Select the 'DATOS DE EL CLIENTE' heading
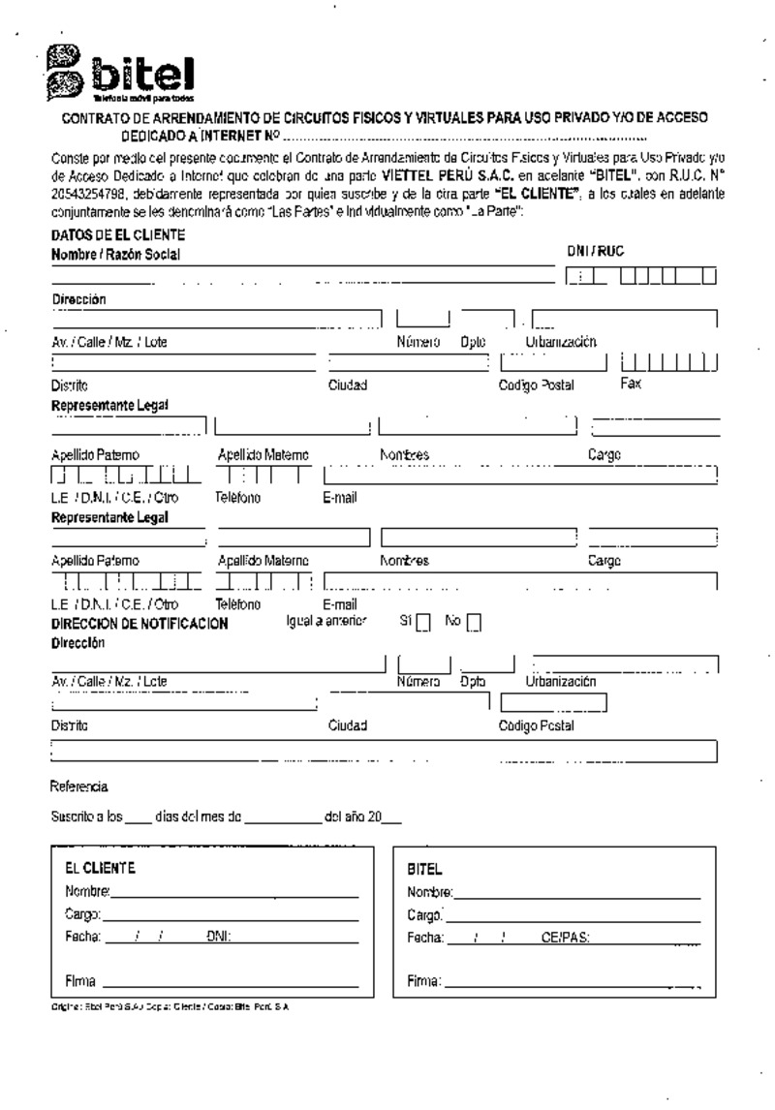click(x=117, y=235)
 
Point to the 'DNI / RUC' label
click(x=595, y=252)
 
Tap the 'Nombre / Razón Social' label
click(x=116, y=255)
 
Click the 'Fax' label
click(x=630, y=384)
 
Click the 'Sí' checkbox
click(x=422, y=623)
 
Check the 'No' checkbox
click(x=473, y=623)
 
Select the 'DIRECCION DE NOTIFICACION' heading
click(x=139, y=624)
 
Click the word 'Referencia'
click(x=79, y=786)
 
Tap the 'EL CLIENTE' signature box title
click(x=100, y=868)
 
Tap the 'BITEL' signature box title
click(x=425, y=870)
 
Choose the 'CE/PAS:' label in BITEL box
click(x=566, y=939)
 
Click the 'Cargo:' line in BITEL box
click(x=572, y=915)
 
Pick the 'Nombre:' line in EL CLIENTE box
click(x=233, y=890)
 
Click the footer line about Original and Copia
click(x=170, y=1007)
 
